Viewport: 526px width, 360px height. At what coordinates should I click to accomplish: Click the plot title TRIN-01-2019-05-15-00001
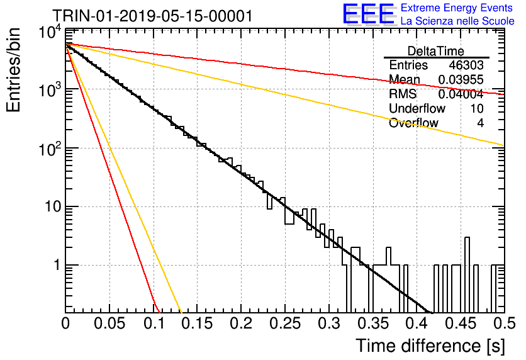152,16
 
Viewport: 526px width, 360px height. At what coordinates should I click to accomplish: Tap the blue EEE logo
368,14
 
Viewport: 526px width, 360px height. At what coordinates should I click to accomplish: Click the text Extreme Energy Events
457,8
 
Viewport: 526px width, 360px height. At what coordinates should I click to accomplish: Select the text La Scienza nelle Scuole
457,21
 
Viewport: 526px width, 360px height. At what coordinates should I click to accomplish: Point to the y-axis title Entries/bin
13,70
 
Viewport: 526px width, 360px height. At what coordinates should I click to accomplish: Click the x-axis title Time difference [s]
430,346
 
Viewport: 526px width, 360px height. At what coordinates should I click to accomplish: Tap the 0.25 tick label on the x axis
285,323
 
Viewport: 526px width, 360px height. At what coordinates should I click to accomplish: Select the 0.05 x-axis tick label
109,323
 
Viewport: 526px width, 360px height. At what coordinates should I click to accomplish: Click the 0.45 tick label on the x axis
461,323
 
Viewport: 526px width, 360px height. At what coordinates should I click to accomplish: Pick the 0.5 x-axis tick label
505,323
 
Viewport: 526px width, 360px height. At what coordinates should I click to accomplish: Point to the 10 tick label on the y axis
53,206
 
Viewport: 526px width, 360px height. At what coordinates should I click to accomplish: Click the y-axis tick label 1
57,265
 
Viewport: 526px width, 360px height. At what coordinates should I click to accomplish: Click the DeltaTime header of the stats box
436,52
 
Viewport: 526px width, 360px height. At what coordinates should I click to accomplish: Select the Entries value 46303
466,65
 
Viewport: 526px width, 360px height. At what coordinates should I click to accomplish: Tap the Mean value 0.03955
461,80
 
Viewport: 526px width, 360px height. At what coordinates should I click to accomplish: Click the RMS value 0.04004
461,94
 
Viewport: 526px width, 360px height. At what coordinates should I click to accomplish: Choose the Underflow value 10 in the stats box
477,109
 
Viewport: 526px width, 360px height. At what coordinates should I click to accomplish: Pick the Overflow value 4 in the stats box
480,123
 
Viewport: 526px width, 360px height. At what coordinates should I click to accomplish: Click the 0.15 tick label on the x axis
198,323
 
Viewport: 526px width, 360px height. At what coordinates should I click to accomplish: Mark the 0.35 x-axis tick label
373,323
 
